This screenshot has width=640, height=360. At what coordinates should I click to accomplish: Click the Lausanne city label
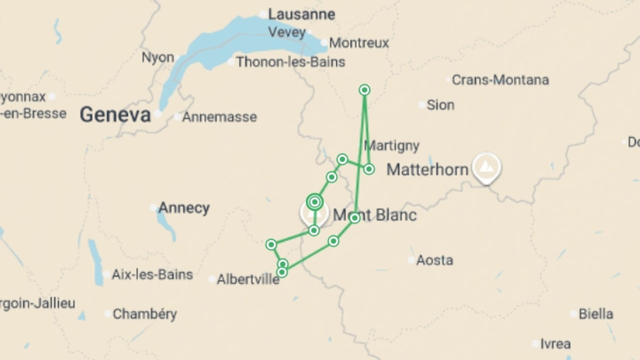point(301,14)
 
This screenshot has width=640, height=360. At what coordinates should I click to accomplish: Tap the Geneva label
point(115,115)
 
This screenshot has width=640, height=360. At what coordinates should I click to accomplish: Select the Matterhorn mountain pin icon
point(486,166)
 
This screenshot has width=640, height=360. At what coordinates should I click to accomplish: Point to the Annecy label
point(184,208)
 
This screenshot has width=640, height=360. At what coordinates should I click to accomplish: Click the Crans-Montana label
point(500,80)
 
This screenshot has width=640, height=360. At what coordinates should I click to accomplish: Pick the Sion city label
point(440,105)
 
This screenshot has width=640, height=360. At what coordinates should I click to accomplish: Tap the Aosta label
point(435,260)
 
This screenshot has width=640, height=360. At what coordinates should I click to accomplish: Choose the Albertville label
point(248,279)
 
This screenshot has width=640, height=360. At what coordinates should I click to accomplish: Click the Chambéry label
point(145,314)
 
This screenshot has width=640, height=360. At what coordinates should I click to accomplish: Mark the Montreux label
point(359,43)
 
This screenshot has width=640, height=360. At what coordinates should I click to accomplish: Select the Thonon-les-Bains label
point(291,62)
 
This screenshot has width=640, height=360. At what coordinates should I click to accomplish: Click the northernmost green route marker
point(365,90)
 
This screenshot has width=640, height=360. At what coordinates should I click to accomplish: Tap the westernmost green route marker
point(271,245)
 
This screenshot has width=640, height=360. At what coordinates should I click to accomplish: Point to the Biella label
point(596,314)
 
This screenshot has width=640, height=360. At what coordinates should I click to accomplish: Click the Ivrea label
point(555,344)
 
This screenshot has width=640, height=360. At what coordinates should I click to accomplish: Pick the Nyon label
point(158,57)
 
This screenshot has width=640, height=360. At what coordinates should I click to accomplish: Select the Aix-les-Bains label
point(152,275)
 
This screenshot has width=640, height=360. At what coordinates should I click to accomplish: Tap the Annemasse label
point(219,117)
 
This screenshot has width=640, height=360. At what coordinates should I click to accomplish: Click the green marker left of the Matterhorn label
point(369,169)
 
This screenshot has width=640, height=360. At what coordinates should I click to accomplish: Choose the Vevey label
point(287,32)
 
